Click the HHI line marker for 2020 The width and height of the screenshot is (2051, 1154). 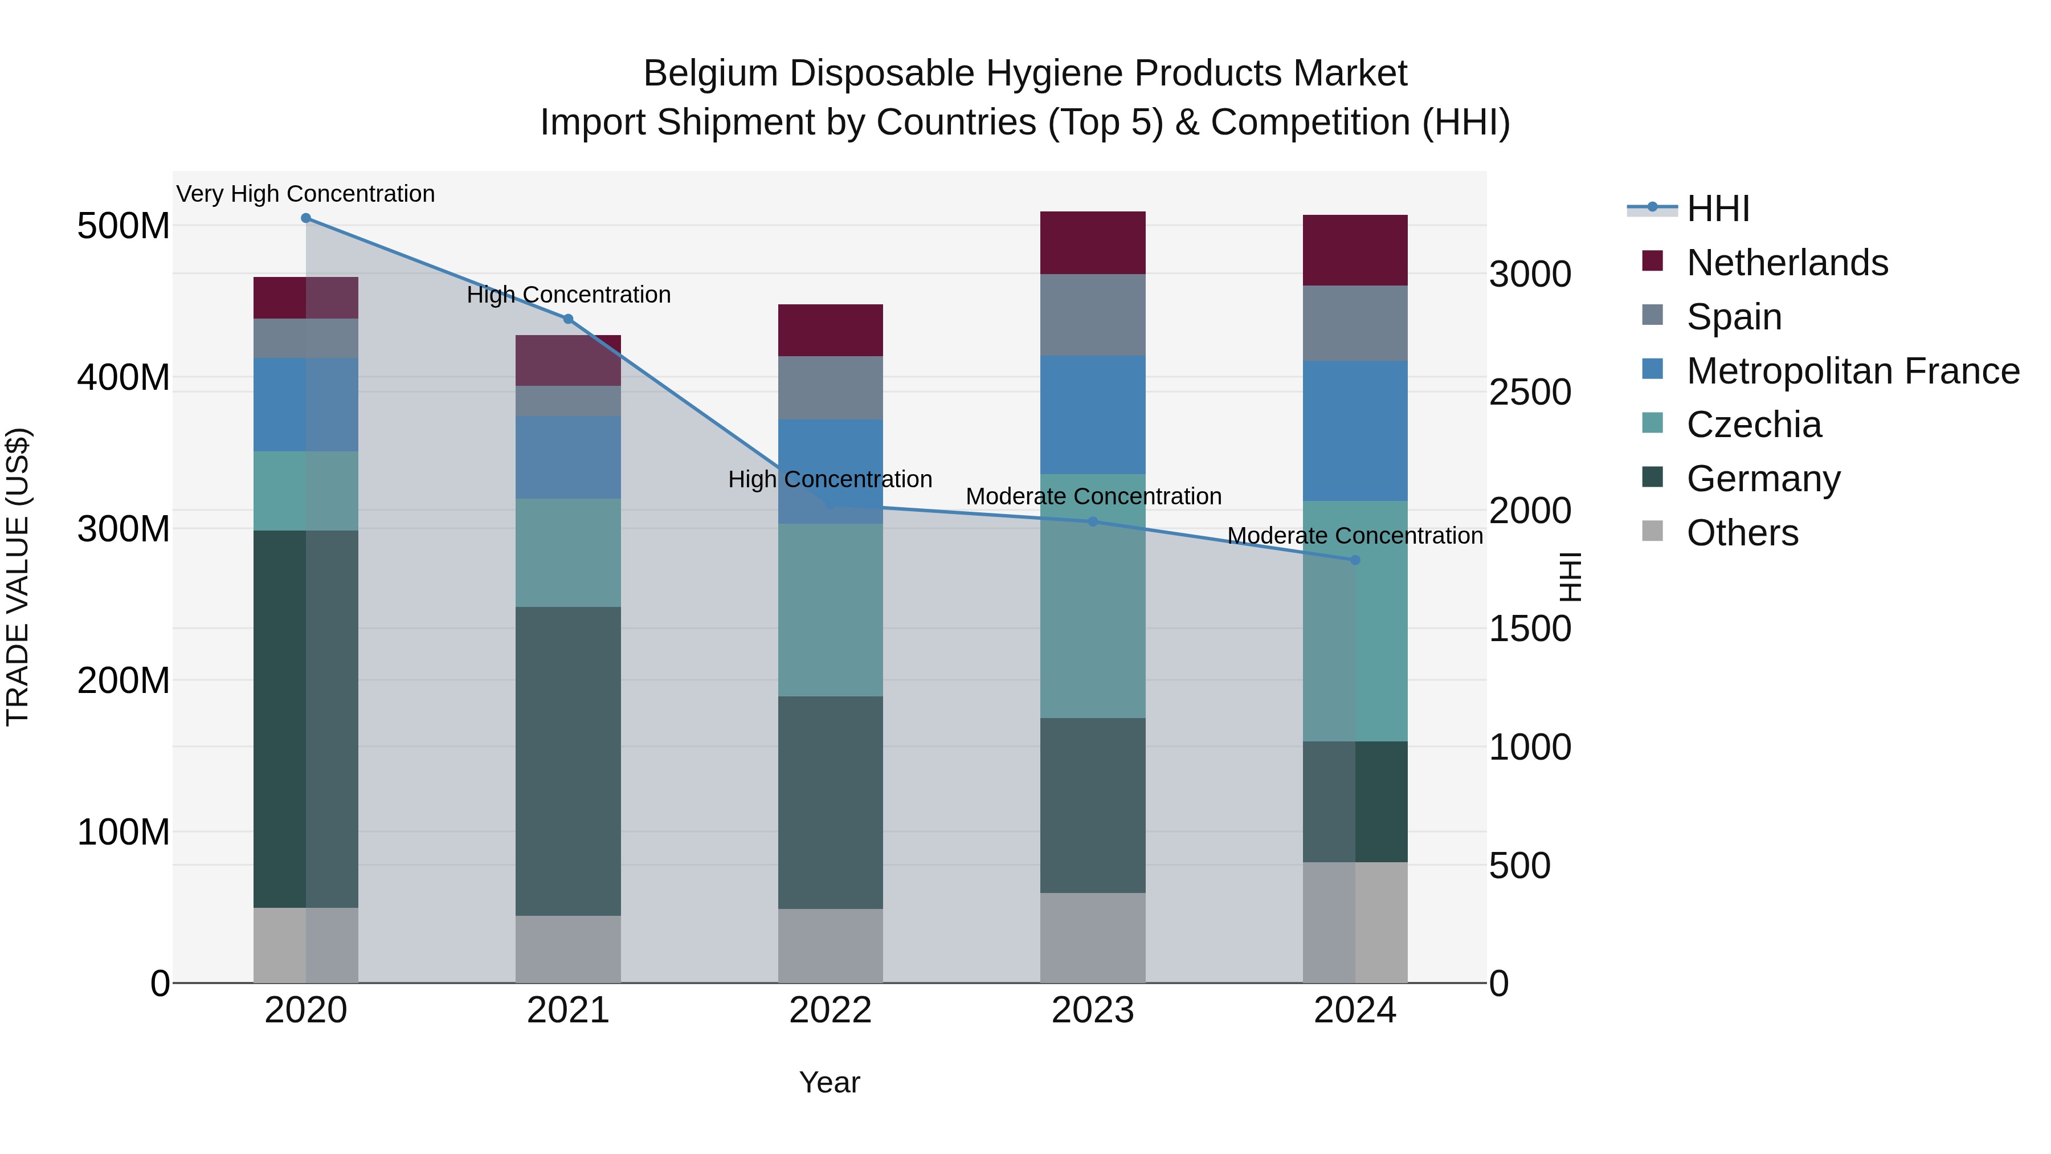click(x=306, y=218)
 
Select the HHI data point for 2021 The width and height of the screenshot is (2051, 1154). click(x=567, y=319)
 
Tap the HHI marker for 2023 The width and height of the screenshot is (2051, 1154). click(x=1092, y=521)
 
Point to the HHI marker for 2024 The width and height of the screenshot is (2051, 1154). click(x=1355, y=560)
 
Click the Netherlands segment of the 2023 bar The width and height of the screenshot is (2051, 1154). click(x=1092, y=243)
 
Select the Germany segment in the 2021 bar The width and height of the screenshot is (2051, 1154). click(x=567, y=761)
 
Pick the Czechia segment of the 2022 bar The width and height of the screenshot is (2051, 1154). click(x=831, y=609)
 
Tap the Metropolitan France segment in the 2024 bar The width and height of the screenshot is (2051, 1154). click(x=1355, y=430)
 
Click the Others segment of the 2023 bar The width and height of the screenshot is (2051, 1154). click(x=1092, y=937)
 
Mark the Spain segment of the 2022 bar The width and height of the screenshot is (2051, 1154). click(x=831, y=388)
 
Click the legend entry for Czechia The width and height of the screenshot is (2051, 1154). click(x=1753, y=425)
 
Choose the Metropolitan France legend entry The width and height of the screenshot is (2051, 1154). click(x=1853, y=371)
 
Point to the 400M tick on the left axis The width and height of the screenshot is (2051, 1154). click(x=124, y=377)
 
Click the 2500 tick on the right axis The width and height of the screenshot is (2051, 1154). click(x=1530, y=393)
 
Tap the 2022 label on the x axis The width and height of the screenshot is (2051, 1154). click(x=831, y=1010)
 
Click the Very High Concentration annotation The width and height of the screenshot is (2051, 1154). click(x=306, y=194)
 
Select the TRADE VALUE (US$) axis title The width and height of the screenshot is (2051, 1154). click(x=18, y=577)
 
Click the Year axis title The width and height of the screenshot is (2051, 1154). click(x=830, y=1082)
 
